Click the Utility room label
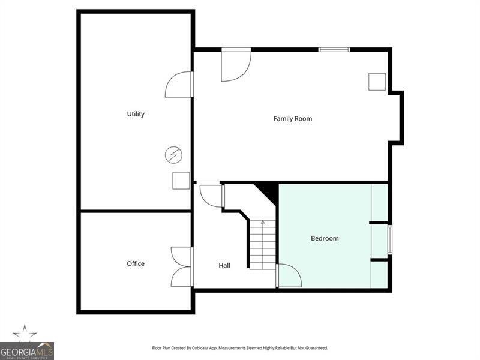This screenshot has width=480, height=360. tap(136, 114)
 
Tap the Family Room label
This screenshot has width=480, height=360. tap(293, 119)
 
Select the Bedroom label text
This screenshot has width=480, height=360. tap(325, 238)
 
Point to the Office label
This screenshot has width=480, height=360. tap(136, 263)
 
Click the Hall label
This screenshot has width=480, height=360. tap(224, 265)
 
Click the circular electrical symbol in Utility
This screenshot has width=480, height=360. tap(173, 155)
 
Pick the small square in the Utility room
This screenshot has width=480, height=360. tap(181, 181)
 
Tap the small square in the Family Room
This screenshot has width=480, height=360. tap(377, 82)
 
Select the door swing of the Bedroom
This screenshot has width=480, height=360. tap(289, 275)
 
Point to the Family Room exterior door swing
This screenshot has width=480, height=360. tap(236, 65)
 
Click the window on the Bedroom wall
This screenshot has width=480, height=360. tap(390, 239)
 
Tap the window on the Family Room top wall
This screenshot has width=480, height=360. tap(334, 50)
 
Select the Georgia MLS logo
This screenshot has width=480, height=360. tap(26, 342)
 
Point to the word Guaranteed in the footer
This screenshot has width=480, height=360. tap(317, 348)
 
